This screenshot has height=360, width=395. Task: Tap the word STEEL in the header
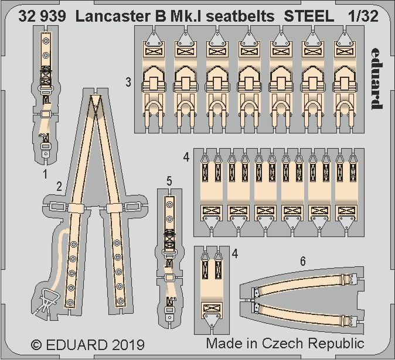pyautogui.click(x=309, y=17)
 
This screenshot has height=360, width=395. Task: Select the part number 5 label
pyautogui.click(x=169, y=181)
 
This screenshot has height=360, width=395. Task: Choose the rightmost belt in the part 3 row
pyautogui.click(x=345, y=82)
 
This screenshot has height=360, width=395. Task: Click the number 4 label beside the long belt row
pyautogui.click(x=186, y=157)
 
